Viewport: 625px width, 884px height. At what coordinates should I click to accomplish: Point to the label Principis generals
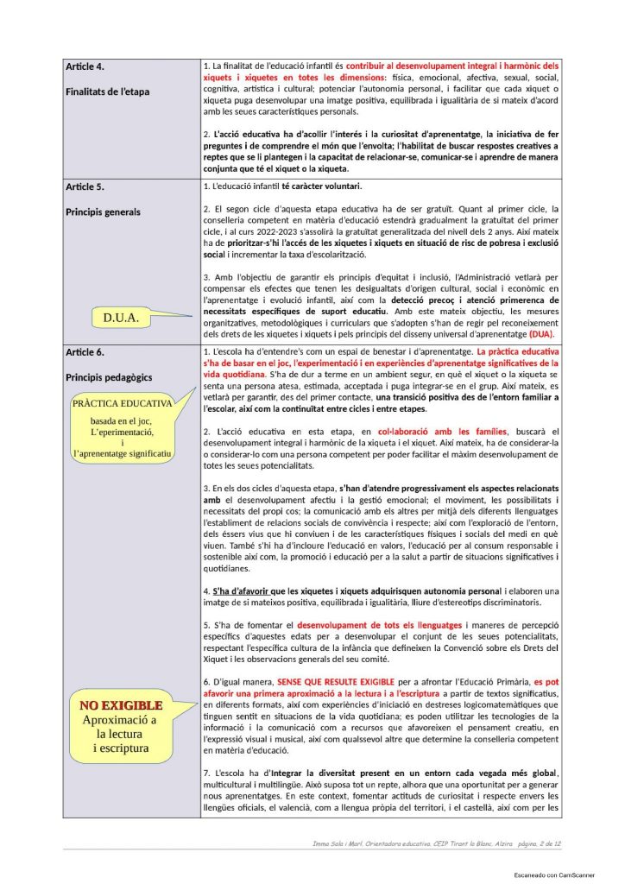click(x=103, y=212)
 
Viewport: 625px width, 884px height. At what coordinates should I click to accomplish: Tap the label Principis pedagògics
click(x=108, y=377)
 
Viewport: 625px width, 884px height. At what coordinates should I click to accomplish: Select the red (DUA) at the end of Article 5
click(x=542, y=334)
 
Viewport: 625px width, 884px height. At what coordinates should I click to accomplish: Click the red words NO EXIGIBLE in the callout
click(x=121, y=705)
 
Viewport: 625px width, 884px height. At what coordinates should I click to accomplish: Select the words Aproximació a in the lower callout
click(x=120, y=719)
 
